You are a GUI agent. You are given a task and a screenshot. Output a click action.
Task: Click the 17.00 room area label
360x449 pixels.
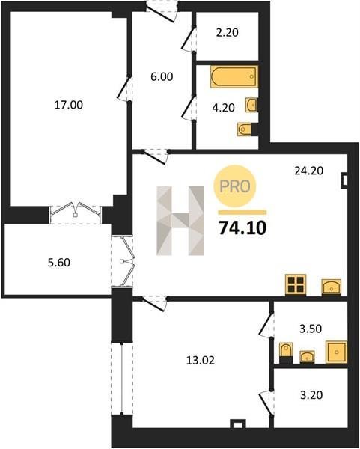[x=69, y=105]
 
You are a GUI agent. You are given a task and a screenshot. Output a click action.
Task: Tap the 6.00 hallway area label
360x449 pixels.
[x=162, y=77]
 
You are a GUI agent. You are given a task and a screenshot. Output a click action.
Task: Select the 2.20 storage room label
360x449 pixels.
[x=228, y=32]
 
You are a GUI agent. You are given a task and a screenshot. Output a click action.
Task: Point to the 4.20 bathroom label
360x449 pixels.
[x=223, y=108]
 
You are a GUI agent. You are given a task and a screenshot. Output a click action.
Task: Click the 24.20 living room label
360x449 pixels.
[x=309, y=171]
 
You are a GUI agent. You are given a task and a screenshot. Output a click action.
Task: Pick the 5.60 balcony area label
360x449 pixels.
[x=59, y=263]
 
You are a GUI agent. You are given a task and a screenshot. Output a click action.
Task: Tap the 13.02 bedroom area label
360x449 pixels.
[x=201, y=360]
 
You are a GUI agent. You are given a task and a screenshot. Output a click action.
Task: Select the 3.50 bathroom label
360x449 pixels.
[x=311, y=329]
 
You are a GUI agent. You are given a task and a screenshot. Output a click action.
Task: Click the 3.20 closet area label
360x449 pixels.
[x=311, y=395]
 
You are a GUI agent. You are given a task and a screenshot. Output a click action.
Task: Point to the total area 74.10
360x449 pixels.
[x=242, y=228]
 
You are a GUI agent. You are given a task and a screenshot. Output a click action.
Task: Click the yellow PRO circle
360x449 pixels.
[x=235, y=186]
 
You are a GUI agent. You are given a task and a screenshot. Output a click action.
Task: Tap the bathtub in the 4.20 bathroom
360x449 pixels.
[x=234, y=76]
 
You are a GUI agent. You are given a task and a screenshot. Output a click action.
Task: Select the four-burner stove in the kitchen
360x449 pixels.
[x=296, y=284]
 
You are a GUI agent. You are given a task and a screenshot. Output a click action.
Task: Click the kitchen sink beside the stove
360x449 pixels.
[x=332, y=287]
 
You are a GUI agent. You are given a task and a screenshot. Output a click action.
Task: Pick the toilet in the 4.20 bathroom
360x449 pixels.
[x=245, y=129]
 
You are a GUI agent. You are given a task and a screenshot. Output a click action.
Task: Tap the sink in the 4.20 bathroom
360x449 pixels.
[x=251, y=105]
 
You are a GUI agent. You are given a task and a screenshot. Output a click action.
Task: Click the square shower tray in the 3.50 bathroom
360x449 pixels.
[x=337, y=352]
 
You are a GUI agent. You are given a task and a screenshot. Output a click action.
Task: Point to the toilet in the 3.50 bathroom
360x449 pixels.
[x=286, y=351]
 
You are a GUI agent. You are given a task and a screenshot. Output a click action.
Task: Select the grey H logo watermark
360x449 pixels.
[x=180, y=221]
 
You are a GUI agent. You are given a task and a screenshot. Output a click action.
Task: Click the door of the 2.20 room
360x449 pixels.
[x=188, y=39]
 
